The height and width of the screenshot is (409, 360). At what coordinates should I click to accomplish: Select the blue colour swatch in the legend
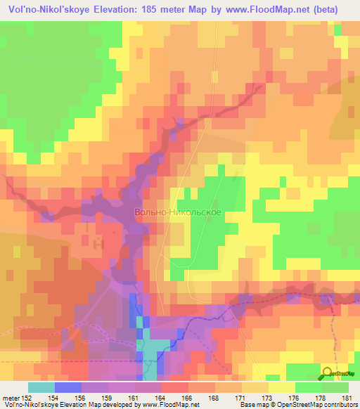tap(68, 387)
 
